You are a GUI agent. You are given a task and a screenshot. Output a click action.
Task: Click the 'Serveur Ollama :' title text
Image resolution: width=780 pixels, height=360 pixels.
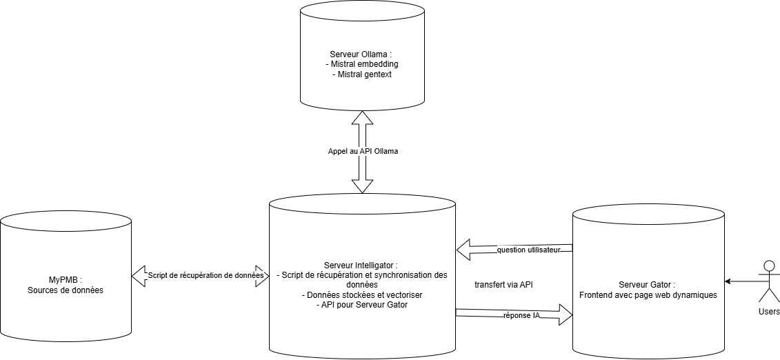click(361, 54)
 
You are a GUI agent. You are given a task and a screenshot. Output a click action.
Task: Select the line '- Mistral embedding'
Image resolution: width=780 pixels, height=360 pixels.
click(361, 64)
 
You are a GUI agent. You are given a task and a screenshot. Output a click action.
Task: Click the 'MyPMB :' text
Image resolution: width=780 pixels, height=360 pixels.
click(66, 280)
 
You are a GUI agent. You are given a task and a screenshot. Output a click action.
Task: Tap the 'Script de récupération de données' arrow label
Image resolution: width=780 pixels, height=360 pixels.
click(206, 275)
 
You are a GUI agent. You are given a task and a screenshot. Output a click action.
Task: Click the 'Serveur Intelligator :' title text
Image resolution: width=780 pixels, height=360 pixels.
click(361, 266)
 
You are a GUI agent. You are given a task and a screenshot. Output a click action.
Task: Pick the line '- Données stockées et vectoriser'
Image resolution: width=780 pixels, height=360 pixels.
click(362, 294)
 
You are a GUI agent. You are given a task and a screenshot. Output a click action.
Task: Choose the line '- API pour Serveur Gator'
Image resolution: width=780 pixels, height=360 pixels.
click(361, 304)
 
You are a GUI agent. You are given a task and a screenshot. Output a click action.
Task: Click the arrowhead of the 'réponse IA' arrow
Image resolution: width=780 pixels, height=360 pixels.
click(565, 315)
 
